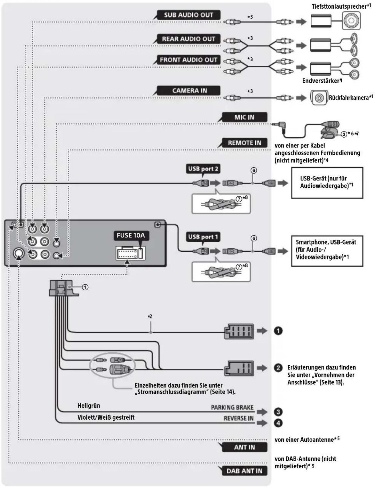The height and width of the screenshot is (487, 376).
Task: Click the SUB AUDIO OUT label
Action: (x=189, y=15)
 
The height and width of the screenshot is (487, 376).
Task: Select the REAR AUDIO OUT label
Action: (x=189, y=39)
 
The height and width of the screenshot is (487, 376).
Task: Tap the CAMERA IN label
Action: (x=189, y=91)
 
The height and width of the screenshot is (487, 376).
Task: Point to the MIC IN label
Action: (x=244, y=117)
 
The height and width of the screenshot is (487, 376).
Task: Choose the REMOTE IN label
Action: (x=244, y=143)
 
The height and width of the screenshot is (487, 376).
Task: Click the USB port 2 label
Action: (x=203, y=169)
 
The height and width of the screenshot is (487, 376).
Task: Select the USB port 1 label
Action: (x=203, y=237)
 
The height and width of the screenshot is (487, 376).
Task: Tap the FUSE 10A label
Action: (x=131, y=235)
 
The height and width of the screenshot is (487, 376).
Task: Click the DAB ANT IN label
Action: (x=244, y=471)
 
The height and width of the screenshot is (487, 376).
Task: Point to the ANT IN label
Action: (x=244, y=447)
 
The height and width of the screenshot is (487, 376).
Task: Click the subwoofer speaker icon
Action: (x=351, y=21)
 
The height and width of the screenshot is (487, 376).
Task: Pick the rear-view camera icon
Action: (x=319, y=98)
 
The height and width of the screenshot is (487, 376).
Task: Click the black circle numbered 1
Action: (x=278, y=331)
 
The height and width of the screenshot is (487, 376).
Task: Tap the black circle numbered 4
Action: (x=278, y=423)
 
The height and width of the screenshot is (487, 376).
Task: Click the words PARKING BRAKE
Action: (x=232, y=407)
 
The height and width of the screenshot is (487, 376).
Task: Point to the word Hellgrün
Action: (x=89, y=406)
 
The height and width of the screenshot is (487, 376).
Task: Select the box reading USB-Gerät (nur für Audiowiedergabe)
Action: (x=327, y=183)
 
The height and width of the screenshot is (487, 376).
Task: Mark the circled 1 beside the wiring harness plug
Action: (x=85, y=287)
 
